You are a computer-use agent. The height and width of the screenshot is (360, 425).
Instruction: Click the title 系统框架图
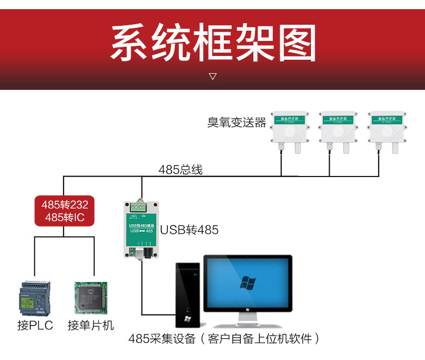212,43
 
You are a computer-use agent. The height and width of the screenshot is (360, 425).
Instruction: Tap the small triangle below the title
212,76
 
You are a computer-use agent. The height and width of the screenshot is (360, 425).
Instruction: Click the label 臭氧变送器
237,123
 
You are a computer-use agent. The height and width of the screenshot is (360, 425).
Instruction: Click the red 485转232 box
65,211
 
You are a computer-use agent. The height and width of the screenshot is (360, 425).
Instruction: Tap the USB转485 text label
189,230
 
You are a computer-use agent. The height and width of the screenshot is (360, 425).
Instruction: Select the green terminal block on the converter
141,206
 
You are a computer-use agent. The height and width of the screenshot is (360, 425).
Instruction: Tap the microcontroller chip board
90,299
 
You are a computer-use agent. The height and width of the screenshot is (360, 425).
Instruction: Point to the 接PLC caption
35,326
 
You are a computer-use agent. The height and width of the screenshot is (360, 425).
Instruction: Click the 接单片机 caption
91,326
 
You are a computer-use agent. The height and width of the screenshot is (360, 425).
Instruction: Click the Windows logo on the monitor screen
247,283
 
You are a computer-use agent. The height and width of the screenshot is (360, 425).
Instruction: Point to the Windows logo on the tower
187,319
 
